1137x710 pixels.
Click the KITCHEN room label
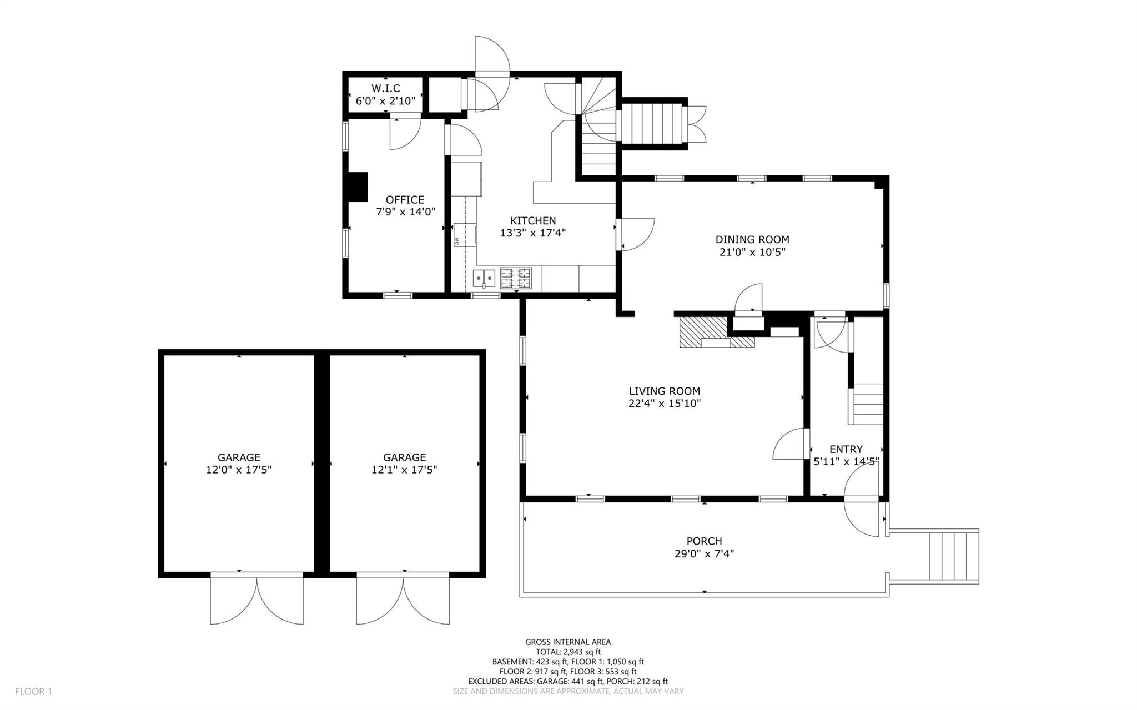(533, 221)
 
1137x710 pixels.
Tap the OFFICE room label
(405, 200)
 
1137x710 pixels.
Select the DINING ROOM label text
(752, 240)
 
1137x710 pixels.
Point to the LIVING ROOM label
(665, 391)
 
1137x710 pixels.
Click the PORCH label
(705, 541)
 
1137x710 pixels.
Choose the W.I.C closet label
(386, 88)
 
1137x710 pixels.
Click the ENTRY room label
(846, 449)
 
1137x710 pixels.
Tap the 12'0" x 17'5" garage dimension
(239, 470)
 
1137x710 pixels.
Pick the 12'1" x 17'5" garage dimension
(404, 470)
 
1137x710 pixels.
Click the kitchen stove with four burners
(516, 279)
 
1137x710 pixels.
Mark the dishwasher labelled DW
(465, 234)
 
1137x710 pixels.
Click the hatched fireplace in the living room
(717, 333)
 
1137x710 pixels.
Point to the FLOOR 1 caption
(33, 692)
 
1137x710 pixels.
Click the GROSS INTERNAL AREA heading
(568, 642)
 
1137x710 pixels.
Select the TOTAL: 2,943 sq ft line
(568, 652)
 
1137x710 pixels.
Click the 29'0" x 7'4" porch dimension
(705, 553)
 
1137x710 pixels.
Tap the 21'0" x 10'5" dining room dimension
(752, 252)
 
